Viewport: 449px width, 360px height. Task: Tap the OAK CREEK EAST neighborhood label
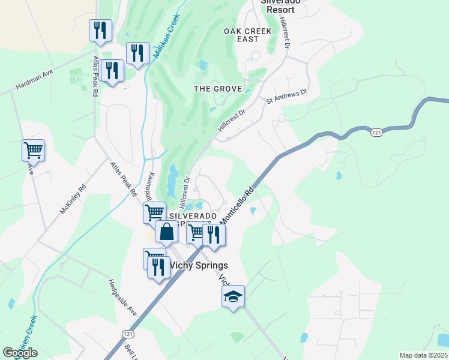pos(248,35)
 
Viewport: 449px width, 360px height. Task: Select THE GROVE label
pos(218,89)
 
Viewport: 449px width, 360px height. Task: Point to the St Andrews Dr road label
pos(286,96)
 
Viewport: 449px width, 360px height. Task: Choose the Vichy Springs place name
pos(198,265)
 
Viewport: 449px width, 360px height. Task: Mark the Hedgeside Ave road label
pos(123,298)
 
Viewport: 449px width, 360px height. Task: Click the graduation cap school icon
pos(233,296)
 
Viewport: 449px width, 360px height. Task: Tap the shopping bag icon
pos(166,231)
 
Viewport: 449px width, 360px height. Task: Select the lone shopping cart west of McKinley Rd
pos(33,150)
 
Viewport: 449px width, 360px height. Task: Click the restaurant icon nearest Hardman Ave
pos(112,71)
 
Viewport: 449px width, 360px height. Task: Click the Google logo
pos(20,353)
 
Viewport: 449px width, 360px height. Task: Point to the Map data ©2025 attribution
pos(423,355)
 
